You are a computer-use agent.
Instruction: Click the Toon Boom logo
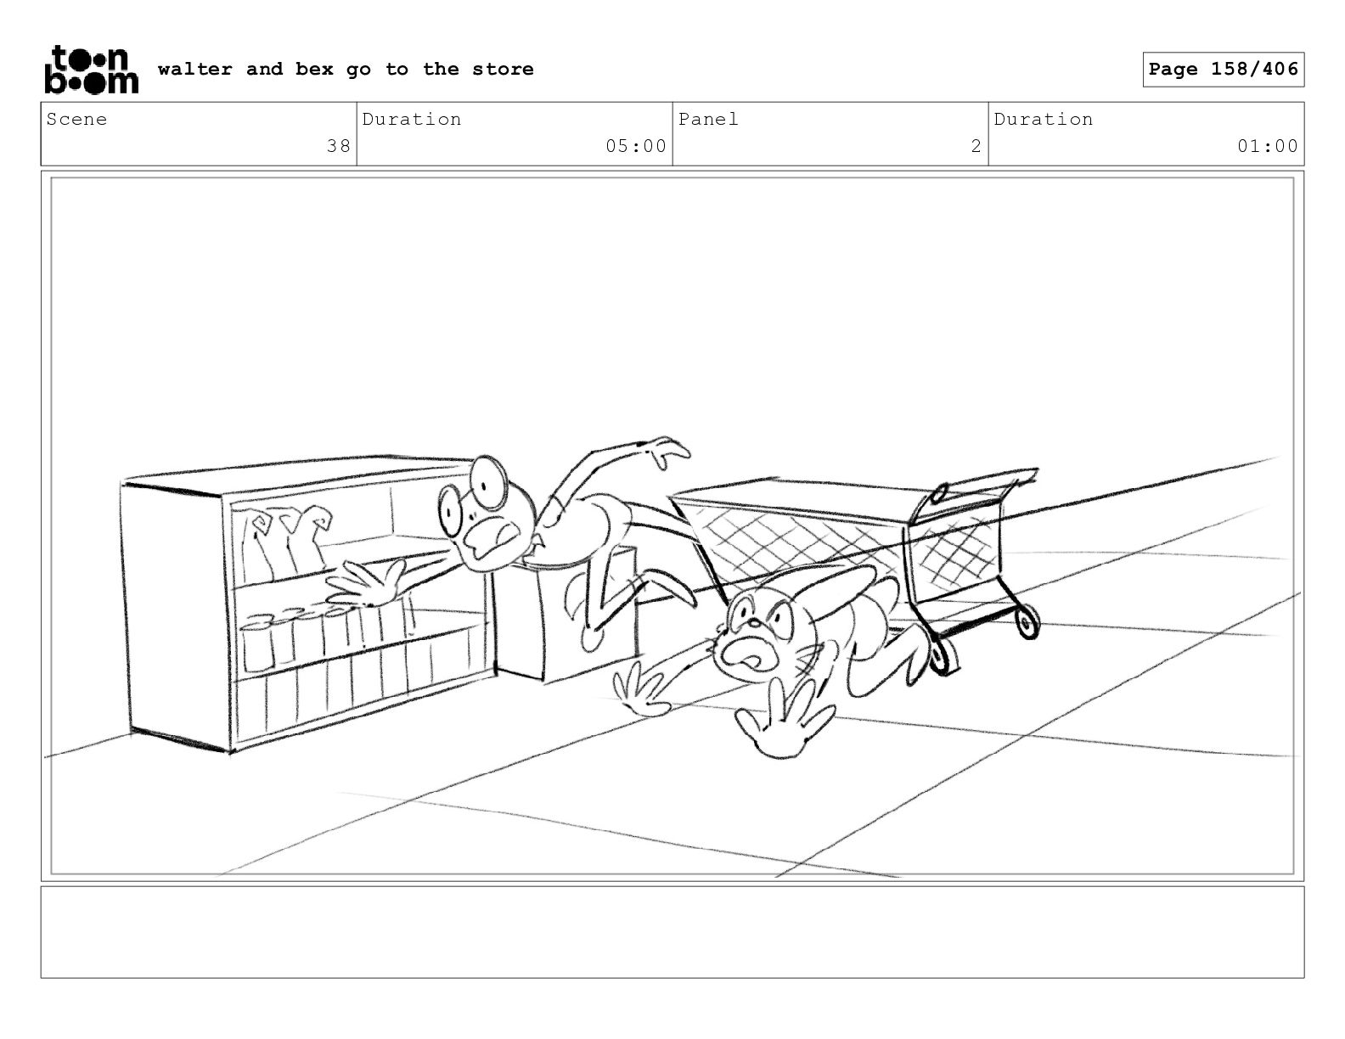point(90,70)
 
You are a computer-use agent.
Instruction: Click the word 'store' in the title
point(503,70)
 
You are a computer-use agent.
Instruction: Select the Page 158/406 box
point(1223,70)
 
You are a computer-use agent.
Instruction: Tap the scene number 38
point(338,146)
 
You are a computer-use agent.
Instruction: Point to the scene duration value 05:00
point(635,146)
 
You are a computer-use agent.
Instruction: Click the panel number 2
point(976,146)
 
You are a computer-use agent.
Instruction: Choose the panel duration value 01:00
point(1267,146)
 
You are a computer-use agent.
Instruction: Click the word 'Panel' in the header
point(708,120)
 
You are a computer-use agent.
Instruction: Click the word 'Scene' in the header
point(76,120)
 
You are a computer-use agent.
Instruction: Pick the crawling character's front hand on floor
point(781,722)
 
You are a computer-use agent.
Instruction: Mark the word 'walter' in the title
point(194,70)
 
